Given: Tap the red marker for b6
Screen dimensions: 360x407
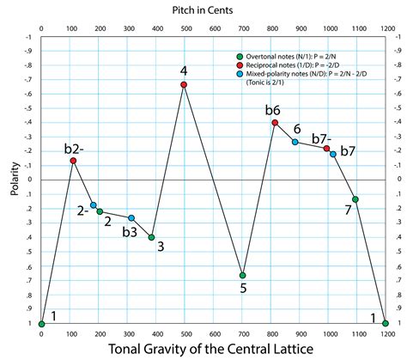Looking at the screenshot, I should tap(275, 123).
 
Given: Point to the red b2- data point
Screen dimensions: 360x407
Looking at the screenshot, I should tap(73, 161).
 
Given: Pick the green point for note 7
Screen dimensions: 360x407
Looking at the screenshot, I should tap(355, 199).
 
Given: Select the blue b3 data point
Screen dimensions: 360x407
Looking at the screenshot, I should tap(131, 218).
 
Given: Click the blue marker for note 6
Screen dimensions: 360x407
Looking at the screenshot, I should tap(295, 142).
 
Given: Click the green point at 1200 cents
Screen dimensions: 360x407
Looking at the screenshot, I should tap(386, 324).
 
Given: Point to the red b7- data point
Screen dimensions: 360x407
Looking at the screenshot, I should tap(327, 149).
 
